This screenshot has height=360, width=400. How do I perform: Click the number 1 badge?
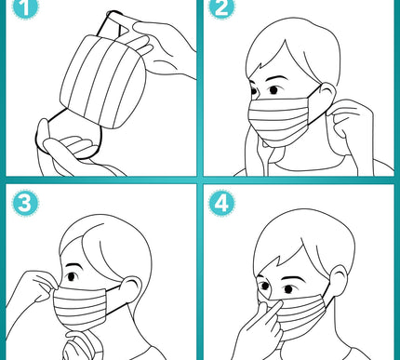(25, 7)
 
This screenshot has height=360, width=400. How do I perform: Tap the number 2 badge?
(221, 7)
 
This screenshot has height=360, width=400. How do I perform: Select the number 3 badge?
(25, 204)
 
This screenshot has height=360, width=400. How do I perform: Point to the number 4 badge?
(221, 203)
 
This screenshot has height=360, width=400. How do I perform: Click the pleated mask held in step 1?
(103, 81)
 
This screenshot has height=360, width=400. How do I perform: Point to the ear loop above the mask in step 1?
(113, 24)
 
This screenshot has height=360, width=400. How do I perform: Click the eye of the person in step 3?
(72, 276)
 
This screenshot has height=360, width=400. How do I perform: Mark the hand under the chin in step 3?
(81, 344)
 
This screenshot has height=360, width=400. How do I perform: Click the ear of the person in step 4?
(339, 279)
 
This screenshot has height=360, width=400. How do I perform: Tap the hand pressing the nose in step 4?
(260, 328)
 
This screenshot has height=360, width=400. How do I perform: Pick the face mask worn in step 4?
(298, 316)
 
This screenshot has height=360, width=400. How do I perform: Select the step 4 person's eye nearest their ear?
(288, 289)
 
